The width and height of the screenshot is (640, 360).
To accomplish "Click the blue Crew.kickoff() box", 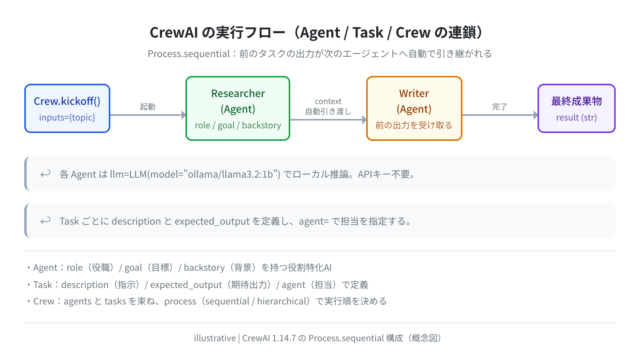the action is (x=67, y=109).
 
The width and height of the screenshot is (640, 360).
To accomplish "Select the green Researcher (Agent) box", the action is (x=238, y=109).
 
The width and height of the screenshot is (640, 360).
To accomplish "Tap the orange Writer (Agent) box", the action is (x=414, y=109).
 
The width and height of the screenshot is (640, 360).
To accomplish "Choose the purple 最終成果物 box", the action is (x=576, y=109).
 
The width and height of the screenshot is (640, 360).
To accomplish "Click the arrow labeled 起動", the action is (x=148, y=115).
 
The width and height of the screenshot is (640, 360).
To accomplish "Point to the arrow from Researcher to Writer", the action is (x=328, y=120).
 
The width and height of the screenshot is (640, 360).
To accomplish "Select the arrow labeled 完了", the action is (x=500, y=115).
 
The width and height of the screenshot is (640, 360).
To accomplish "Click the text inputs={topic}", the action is (x=67, y=118).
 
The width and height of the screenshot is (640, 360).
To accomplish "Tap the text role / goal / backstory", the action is (x=238, y=125).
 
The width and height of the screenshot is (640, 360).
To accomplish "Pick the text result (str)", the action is (x=576, y=118).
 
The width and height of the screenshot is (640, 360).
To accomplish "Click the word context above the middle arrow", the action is (x=328, y=101).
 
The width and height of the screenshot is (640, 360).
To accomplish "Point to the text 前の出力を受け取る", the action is (x=414, y=125).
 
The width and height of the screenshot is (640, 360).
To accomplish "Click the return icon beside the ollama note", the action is (x=45, y=174).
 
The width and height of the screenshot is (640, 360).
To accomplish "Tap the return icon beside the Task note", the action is (x=45, y=221).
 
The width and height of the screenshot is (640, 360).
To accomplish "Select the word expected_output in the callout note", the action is (x=212, y=221).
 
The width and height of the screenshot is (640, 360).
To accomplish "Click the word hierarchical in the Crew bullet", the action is (x=281, y=301).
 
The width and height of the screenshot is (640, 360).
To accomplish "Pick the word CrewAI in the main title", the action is (x=173, y=33).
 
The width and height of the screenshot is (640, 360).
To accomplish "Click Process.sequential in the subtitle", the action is (x=189, y=54).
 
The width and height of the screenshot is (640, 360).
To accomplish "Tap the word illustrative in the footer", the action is (x=215, y=338).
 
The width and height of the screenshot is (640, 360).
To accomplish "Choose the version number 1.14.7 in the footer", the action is (x=284, y=338).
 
